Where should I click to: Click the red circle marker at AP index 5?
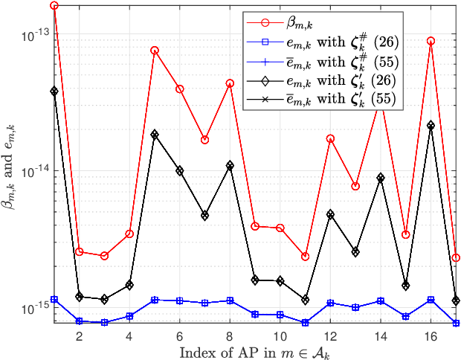(x=155, y=51)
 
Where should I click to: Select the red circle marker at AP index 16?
(x=431, y=41)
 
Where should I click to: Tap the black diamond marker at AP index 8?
(x=230, y=165)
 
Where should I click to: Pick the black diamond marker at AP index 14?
(x=381, y=178)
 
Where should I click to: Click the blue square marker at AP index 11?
(x=305, y=323)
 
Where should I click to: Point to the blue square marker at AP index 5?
(x=155, y=300)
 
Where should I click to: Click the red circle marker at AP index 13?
(x=355, y=186)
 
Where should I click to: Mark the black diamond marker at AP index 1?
(x=54, y=91)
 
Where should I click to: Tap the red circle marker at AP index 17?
(x=456, y=257)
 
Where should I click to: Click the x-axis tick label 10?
(x=280, y=336)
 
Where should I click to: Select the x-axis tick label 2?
(x=80, y=336)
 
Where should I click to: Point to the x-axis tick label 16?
(x=431, y=336)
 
